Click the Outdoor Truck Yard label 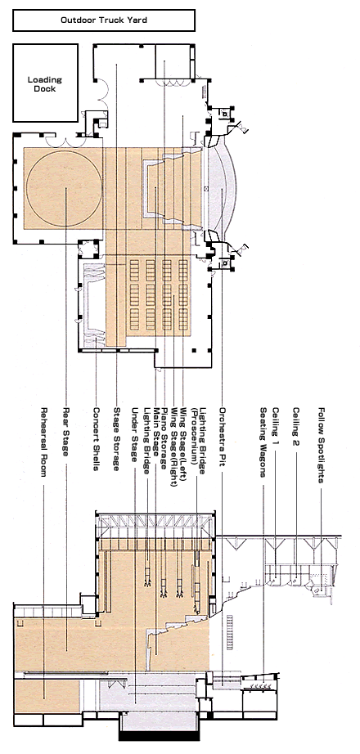(x=103, y=20)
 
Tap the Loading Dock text (x=45, y=84)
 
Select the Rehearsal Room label (x=44, y=442)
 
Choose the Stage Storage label (x=116, y=439)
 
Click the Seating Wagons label (x=263, y=442)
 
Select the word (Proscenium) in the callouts (x=195, y=441)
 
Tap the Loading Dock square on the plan (x=45, y=83)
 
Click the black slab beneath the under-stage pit (x=159, y=736)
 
